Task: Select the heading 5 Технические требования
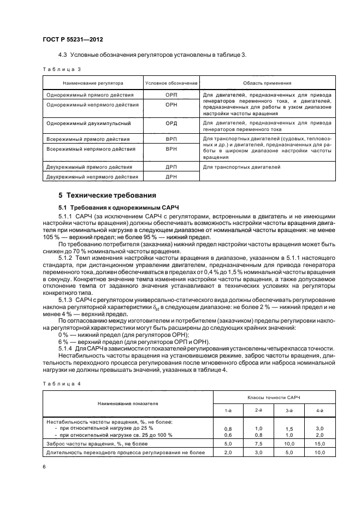[x=108, y=195]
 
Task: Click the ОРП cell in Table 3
[x=171, y=94]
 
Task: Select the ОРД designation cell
[x=171, y=123]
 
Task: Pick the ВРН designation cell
[x=171, y=148]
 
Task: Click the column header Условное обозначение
[x=171, y=83]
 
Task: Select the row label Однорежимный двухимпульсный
[x=88, y=123]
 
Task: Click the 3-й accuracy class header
[x=289, y=409]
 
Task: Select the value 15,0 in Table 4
[x=321, y=444]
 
